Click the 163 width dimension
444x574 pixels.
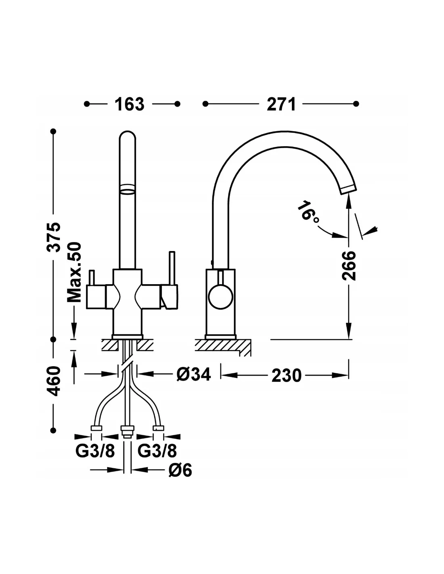(129, 104)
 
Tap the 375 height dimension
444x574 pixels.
(53, 237)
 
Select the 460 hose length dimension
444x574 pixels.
(53, 381)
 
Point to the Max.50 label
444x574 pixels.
(74, 272)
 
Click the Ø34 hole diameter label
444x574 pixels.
(194, 374)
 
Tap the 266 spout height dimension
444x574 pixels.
(349, 266)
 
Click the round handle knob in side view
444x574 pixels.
(220, 297)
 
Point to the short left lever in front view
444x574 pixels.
(92, 278)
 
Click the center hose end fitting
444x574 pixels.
(127, 432)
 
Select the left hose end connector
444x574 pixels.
(96, 428)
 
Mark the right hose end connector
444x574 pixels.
(158, 428)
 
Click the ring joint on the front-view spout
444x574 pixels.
(127, 189)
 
